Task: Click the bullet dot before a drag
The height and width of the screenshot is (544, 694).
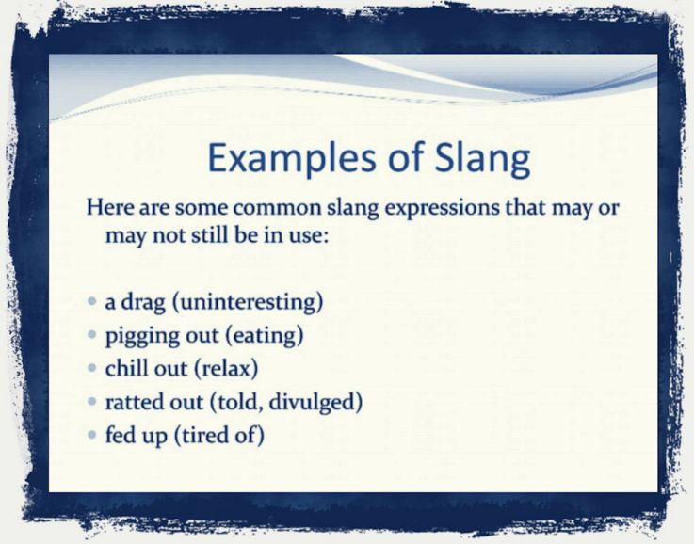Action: coord(91,303)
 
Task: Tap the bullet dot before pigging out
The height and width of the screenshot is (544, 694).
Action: coord(91,335)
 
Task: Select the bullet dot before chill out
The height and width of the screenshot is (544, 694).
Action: coord(91,368)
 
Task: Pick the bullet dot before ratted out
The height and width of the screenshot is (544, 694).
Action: coord(91,401)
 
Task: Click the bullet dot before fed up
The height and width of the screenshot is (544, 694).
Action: coord(91,434)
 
